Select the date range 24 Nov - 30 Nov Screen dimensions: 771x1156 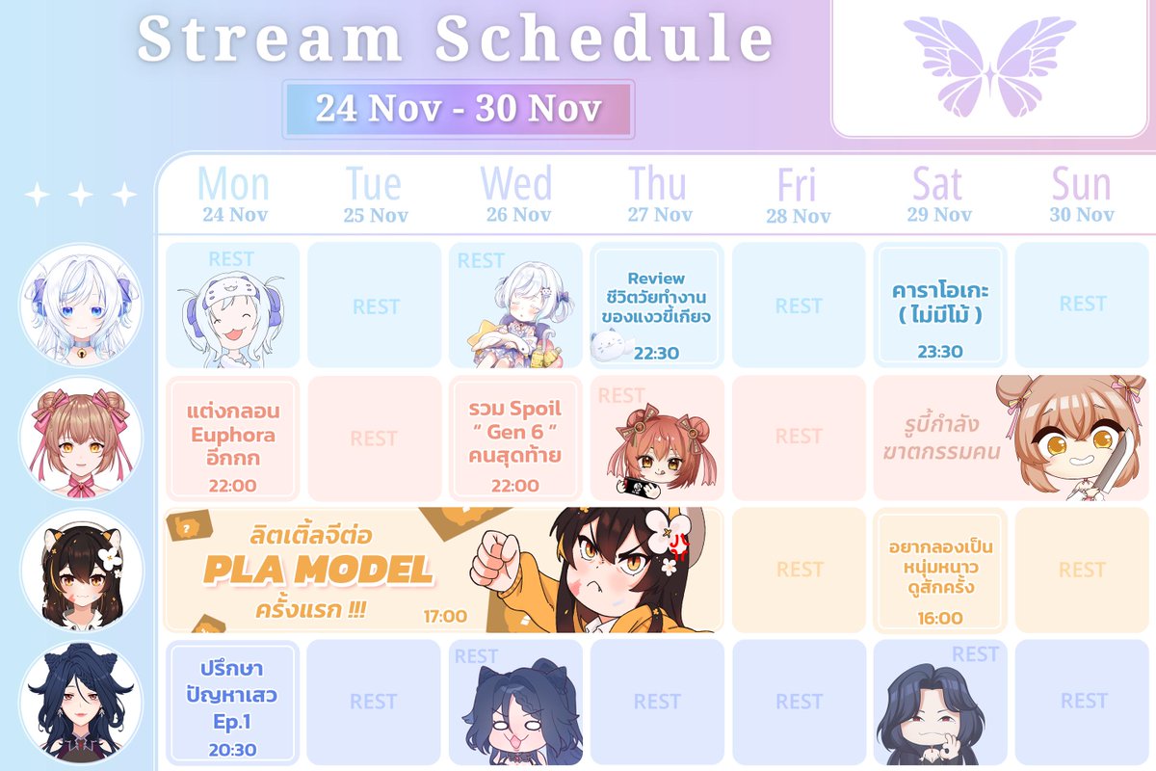pyautogui.click(x=458, y=109)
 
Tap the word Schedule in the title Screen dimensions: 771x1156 pyautogui.click(x=604, y=40)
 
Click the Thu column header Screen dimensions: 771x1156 pyautogui.click(x=659, y=194)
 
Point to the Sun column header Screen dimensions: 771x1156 pyautogui.click(x=1081, y=194)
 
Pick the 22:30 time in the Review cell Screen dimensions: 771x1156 pyautogui.click(x=656, y=353)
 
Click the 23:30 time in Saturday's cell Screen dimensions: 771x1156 pyautogui.click(x=939, y=352)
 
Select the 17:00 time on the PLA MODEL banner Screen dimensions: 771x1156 pyautogui.click(x=445, y=616)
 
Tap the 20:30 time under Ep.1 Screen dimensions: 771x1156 pyautogui.click(x=232, y=749)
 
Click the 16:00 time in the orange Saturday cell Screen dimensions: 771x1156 pyautogui.click(x=939, y=618)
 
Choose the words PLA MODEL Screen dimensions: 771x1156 pyautogui.click(x=318, y=571)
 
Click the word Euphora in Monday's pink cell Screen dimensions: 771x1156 pyautogui.click(x=232, y=435)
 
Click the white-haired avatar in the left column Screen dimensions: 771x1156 pyautogui.click(x=81, y=304)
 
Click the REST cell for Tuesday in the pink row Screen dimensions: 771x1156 pyautogui.click(x=374, y=439)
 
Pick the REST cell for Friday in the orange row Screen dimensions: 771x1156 pyautogui.click(x=800, y=570)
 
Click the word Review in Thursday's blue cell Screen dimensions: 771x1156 pyautogui.click(x=656, y=279)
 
